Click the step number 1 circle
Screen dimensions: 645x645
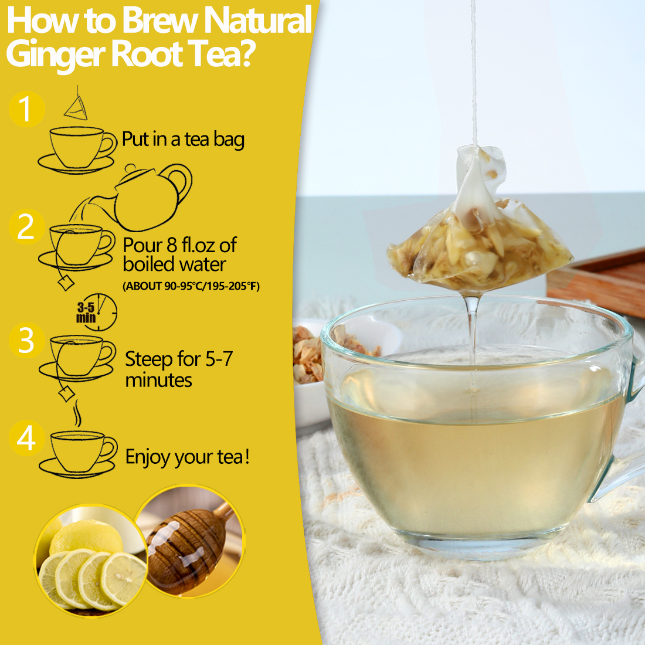[x=26, y=109]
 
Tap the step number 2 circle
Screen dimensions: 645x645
[x=26, y=227]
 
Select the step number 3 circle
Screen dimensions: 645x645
[x=26, y=341]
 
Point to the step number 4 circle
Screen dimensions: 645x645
[x=26, y=438]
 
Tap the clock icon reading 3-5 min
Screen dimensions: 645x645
[x=97, y=312]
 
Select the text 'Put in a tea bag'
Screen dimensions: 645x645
[x=183, y=140]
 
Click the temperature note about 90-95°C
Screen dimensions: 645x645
[x=191, y=286]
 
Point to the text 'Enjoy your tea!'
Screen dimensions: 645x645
[x=188, y=457]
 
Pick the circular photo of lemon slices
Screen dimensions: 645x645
[x=91, y=560]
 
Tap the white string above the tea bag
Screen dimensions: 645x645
[x=474, y=70]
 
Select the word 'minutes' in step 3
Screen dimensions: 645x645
[x=158, y=380]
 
